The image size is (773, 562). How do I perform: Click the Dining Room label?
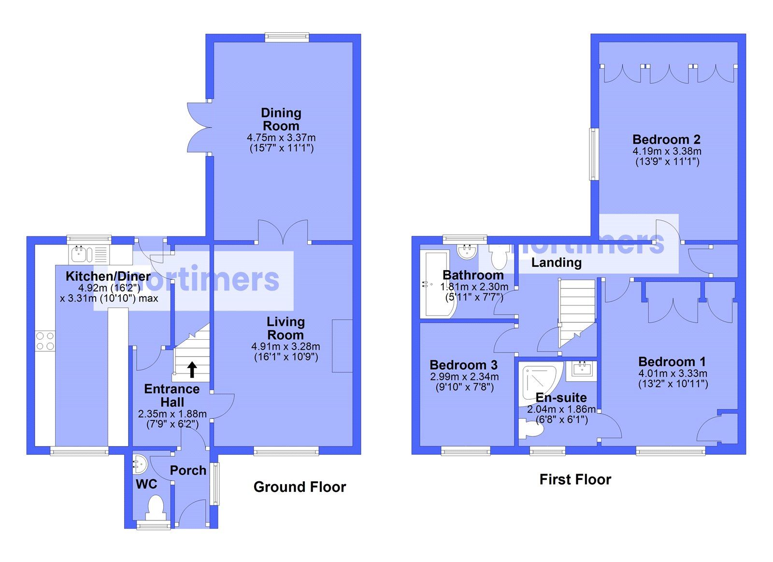click(281, 119)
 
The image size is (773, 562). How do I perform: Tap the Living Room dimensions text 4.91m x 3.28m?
click(286, 346)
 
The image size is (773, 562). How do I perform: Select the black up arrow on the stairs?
click(192, 370)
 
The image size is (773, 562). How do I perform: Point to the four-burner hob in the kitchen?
click(44, 340)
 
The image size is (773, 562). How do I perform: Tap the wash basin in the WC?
click(138, 464)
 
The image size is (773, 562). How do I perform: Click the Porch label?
click(188, 470)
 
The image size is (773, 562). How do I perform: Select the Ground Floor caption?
click(300, 487)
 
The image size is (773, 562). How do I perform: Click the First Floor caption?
click(575, 479)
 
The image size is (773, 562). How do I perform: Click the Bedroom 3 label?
click(463, 365)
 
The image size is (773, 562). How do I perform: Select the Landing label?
click(556, 262)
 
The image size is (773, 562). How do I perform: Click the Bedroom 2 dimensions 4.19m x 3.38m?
click(667, 151)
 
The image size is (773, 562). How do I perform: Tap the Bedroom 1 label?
click(672, 361)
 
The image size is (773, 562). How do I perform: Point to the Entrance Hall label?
click(172, 395)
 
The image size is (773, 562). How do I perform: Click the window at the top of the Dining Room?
click(286, 37)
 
